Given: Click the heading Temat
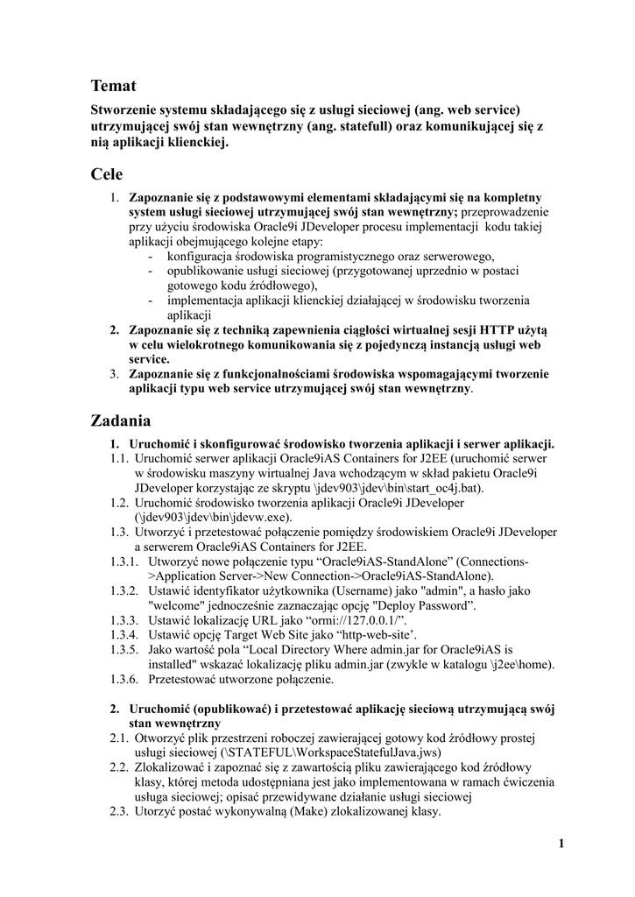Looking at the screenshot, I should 114,85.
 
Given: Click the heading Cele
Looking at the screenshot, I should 107,174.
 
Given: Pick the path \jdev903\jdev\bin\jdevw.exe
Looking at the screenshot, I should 209,517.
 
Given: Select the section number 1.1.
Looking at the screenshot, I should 119,457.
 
